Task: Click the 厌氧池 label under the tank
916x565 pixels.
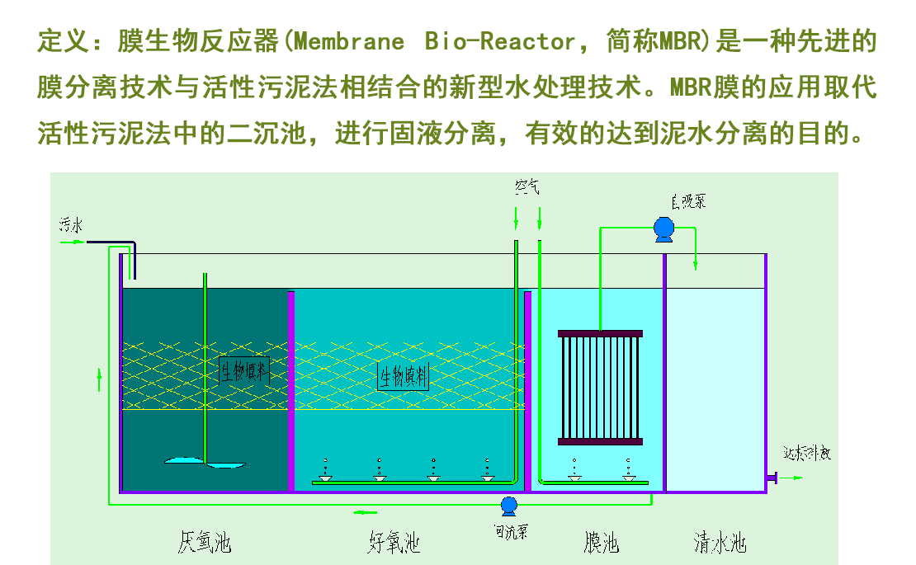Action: pos(204,542)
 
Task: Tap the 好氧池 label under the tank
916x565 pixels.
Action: pos(394,542)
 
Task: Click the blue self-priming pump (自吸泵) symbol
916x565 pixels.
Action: pos(662,228)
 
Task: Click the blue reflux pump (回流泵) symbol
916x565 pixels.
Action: pos(508,504)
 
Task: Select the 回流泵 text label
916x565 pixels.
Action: pos(511,531)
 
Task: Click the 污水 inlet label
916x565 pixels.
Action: pos(71,223)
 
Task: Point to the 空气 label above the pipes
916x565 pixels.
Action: pos(526,187)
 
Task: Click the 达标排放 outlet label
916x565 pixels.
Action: pos(807,454)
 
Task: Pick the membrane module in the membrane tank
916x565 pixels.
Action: pos(600,388)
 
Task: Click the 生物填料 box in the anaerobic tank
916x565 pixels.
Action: pos(244,372)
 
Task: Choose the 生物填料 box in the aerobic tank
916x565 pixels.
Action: pos(404,377)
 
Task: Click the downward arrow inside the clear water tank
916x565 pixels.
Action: pos(696,262)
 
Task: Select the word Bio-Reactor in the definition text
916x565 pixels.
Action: pos(500,41)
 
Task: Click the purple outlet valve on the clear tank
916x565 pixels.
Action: pos(772,478)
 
